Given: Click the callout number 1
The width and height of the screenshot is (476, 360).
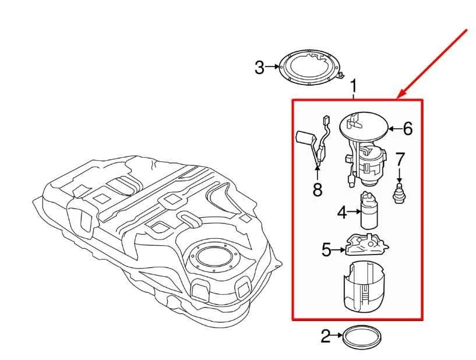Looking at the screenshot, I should tap(353, 87).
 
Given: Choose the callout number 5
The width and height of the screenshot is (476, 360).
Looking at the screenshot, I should tap(327, 250).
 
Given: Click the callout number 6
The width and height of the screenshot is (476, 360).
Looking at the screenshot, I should tap(407, 128).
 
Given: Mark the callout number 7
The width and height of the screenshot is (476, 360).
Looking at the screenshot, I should tap(400, 158).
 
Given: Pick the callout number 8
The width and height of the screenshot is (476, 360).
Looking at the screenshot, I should tap(318, 189).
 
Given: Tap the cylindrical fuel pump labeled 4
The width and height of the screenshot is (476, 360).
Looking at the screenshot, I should tap(369, 210).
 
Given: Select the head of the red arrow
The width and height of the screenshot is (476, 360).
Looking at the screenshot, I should tap(400, 97).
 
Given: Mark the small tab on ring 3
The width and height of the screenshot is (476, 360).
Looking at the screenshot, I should tap(344, 76).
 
